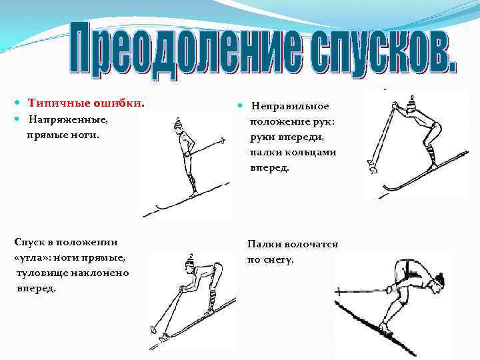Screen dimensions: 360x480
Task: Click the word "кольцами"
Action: pyautogui.click(x=313, y=152)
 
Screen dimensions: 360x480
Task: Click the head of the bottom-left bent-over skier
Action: pyautogui.click(x=191, y=265)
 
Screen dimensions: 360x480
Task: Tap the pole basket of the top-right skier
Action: pyautogui.click(x=371, y=163)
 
